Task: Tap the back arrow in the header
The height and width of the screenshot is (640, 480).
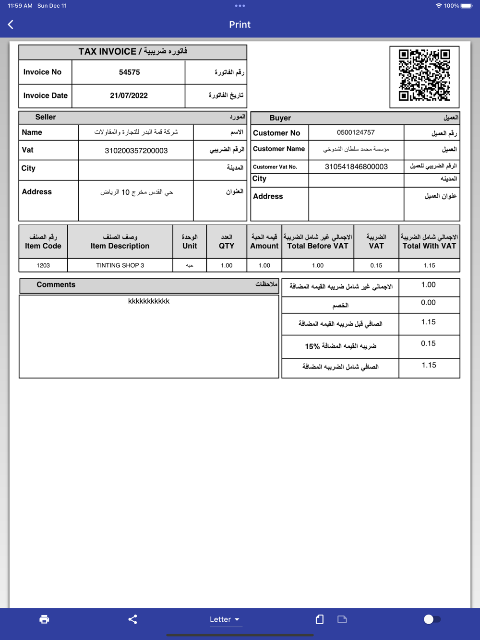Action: [x=11, y=24]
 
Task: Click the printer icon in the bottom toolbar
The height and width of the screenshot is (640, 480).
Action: [x=44, y=619]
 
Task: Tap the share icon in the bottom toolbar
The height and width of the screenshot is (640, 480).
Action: [x=133, y=619]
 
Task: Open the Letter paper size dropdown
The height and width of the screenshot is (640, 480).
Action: [x=224, y=619]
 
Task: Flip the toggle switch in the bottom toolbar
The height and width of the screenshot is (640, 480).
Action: [x=432, y=619]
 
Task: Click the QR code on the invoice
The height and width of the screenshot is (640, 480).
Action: [x=424, y=75]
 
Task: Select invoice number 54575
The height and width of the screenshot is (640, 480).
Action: [x=129, y=72]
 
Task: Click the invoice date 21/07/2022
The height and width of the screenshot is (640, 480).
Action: [x=129, y=95]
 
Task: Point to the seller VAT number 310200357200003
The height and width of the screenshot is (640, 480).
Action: [x=136, y=151]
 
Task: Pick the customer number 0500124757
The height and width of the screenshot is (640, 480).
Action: [x=356, y=132]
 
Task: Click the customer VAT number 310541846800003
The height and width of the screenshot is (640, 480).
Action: [x=356, y=166]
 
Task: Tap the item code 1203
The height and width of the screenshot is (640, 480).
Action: [x=43, y=265]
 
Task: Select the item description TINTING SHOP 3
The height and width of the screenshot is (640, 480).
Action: [x=120, y=265]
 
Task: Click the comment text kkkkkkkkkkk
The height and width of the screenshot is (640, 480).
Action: [x=149, y=301]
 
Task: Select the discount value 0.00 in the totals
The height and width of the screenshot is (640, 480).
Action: [x=428, y=303]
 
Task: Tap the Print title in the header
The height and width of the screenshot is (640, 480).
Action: [x=240, y=24]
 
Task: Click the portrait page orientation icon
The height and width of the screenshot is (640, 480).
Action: [x=320, y=619]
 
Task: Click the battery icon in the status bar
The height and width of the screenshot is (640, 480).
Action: [x=467, y=6]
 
